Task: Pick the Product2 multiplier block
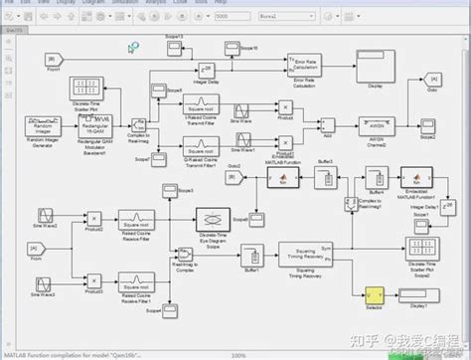pos(94,219)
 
